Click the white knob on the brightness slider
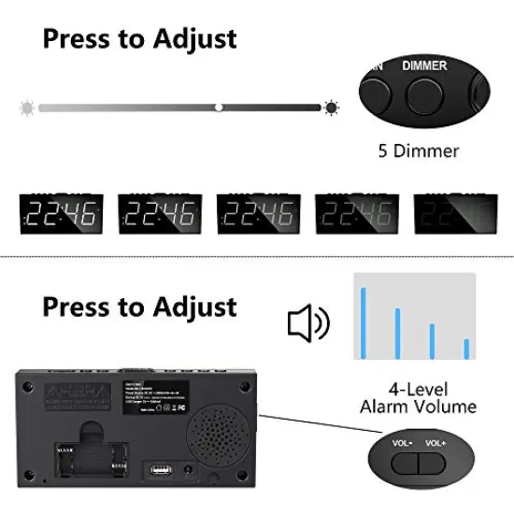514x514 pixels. (219, 107)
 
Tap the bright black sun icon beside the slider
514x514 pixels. (331, 107)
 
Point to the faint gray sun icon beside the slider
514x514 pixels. (26, 107)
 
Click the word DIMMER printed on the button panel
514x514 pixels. (424, 65)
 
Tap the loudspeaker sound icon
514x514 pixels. (308, 324)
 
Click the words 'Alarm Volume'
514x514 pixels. (418, 407)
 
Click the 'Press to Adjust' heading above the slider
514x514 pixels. (139, 39)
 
